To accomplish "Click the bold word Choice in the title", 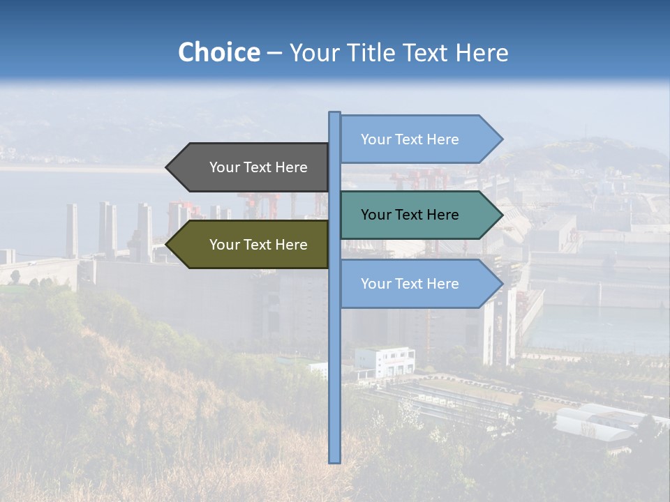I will point(218,52).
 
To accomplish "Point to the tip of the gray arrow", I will point(167,167).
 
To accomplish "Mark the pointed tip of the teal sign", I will point(501,215).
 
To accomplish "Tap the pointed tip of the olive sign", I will point(167,245).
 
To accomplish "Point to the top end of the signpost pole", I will point(335,114).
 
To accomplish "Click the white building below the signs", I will point(385,361).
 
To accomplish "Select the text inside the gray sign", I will point(258,167).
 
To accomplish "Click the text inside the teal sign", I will point(410,215).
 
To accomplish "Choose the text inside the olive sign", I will point(258,245).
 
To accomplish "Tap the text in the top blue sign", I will point(410,139).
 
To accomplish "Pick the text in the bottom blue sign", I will point(410,284).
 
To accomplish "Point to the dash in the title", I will point(274,54).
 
